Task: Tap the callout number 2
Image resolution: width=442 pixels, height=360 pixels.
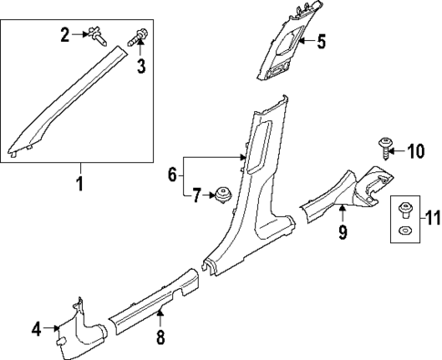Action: [66, 36]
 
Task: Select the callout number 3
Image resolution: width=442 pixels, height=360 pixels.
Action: [141, 67]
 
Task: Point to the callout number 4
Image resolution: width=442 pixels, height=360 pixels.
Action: [37, 328]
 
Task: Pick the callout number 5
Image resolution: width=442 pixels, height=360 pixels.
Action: [320, 41]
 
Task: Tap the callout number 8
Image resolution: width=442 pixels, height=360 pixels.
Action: [160, 339]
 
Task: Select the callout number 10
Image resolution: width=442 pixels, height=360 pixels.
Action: [416, 150]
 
